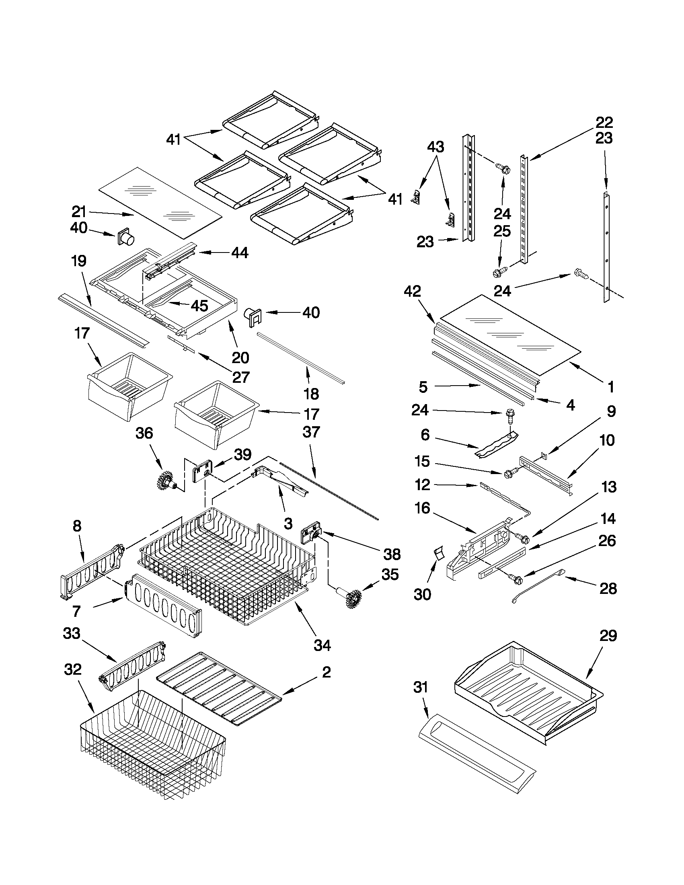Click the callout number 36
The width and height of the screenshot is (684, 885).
pyautogui.click(x=144, y=433)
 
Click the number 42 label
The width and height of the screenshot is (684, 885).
pyautogui.click(x=413, y=292)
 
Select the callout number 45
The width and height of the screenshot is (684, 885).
pyautogui.click(x=199, y=306)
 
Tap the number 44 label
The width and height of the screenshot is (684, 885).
pyautogui.click(x=240, y=253)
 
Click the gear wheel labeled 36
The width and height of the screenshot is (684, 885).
pyautogui.click(x=166, y=480)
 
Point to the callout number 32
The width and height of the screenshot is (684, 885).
pyautogui.click(x=73, y=670)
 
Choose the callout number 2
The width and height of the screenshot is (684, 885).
pyautogui.click(x=326, y=672)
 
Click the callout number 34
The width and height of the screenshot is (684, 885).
pyautogui.click(x=322, y=645)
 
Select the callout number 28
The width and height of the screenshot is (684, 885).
pyautogui.click(x=608, y=588)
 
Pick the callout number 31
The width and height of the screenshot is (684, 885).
pyautogui.click(x=421, y=687)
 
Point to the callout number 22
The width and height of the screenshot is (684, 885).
pyautogui.click(x=604, y=122)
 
